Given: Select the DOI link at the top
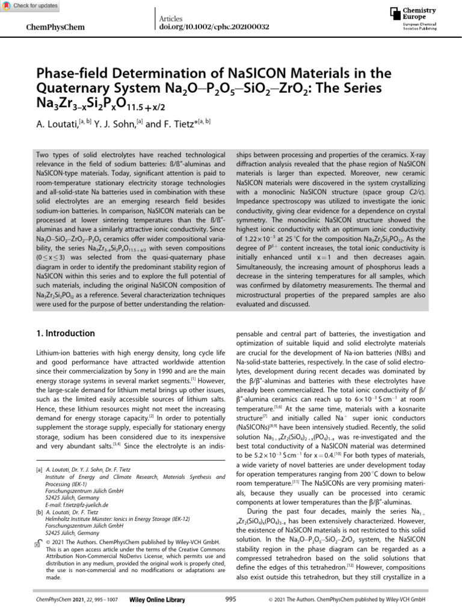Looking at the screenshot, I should (x=214, y=28).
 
